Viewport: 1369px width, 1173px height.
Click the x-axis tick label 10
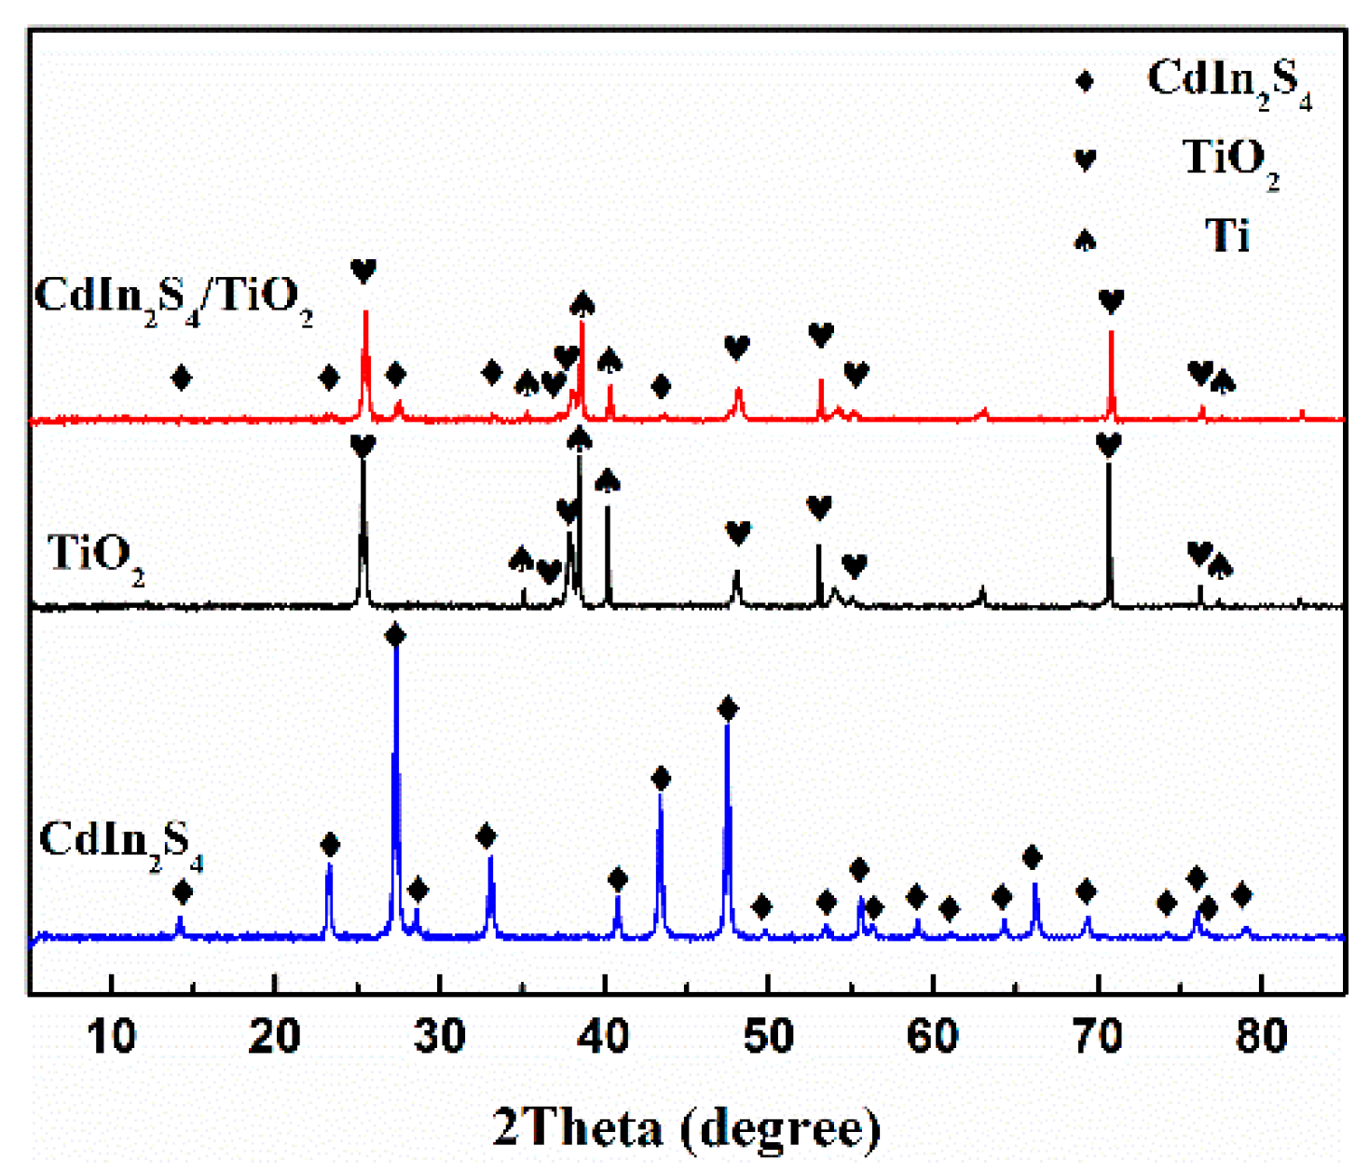pos(111,1036)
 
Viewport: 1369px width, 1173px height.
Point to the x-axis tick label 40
pos(604,1036)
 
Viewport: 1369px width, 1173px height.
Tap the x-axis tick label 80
pos(1261,1036)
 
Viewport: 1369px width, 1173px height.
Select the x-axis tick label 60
pos(933,1036)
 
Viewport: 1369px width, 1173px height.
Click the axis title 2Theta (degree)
pos(687,1128)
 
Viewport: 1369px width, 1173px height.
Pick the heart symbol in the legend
pos(1085,159)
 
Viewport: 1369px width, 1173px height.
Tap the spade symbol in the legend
pos(1085,240)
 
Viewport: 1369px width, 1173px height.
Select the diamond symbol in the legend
pos(1085,81)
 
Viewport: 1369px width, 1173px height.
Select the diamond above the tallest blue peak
pos(395,636)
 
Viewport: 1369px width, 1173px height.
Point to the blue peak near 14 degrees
pos(180,923)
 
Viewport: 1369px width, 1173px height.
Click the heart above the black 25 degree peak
pos(363,446)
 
